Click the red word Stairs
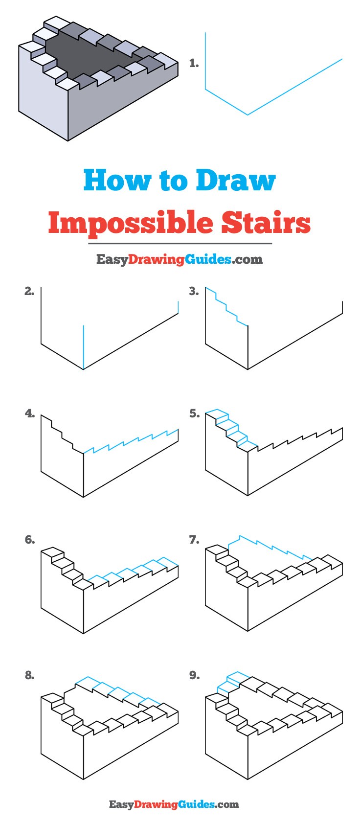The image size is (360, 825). pyautogui.click(x=266, y=222)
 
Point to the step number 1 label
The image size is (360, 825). pyautogui.click(x=194, y=63)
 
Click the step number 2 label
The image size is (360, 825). pyautogui.click(x=29, y=291)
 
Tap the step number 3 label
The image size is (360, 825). pyautogui.click(x=194, y=291)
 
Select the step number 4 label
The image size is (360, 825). pyautogui.click(x=29, y=414)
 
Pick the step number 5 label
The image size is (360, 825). pyautogui.click(x=194, y=414)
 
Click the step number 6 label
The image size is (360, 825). pyautogui.click(x=29, y=540)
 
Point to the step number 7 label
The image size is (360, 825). pyautogui.click(x=194, y=540)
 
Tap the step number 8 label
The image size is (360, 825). pyautogui.click(x=29, y=675)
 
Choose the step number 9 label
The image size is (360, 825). pyautogui.click(x=194, y=675)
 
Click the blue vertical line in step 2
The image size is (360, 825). pyautogui.click(x=84, y=345)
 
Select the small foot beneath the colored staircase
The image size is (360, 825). pyautogui.click(x=67, y=142)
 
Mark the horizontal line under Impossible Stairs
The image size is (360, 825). pyautogui.click(x=180, y=243)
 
